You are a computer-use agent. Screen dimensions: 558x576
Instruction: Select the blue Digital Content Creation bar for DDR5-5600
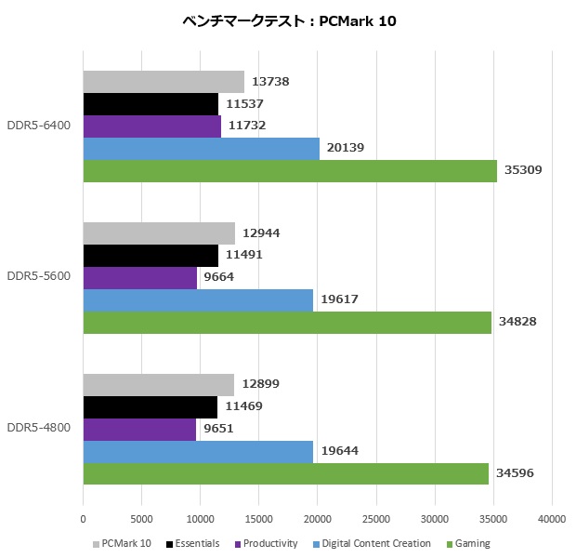tap(198, 299)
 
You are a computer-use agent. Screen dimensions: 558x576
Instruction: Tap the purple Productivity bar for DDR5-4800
tap(139, 429)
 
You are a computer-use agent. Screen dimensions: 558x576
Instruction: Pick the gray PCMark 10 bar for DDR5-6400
tap(164, 82)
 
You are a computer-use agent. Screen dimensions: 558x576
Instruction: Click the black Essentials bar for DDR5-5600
tap(151, 256)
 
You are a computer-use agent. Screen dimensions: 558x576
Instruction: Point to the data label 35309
tap(523, 170)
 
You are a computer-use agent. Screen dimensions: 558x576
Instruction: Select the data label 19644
tap(339, 451)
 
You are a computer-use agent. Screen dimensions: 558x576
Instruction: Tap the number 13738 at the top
tap(270, 82)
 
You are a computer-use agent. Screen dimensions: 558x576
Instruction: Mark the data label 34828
tap(517, 322)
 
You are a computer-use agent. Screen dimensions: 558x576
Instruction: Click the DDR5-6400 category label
tap(38, 126)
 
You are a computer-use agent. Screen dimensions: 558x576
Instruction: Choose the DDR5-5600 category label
tap(38, 277)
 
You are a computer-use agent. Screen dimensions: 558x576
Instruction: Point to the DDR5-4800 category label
tap(38, 428)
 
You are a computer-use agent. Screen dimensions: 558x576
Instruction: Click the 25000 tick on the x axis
tap(376, 519)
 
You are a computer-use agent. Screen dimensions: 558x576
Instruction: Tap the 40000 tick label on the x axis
tap(552, 519)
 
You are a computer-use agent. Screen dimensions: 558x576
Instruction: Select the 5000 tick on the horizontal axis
tap(142, 519)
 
